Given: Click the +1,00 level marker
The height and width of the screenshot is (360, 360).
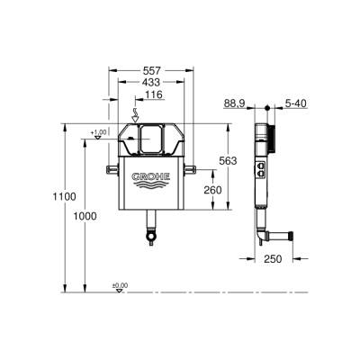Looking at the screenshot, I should coord(98,133).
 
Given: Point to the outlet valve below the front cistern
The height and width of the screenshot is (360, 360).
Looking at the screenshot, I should coord(148,237).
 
